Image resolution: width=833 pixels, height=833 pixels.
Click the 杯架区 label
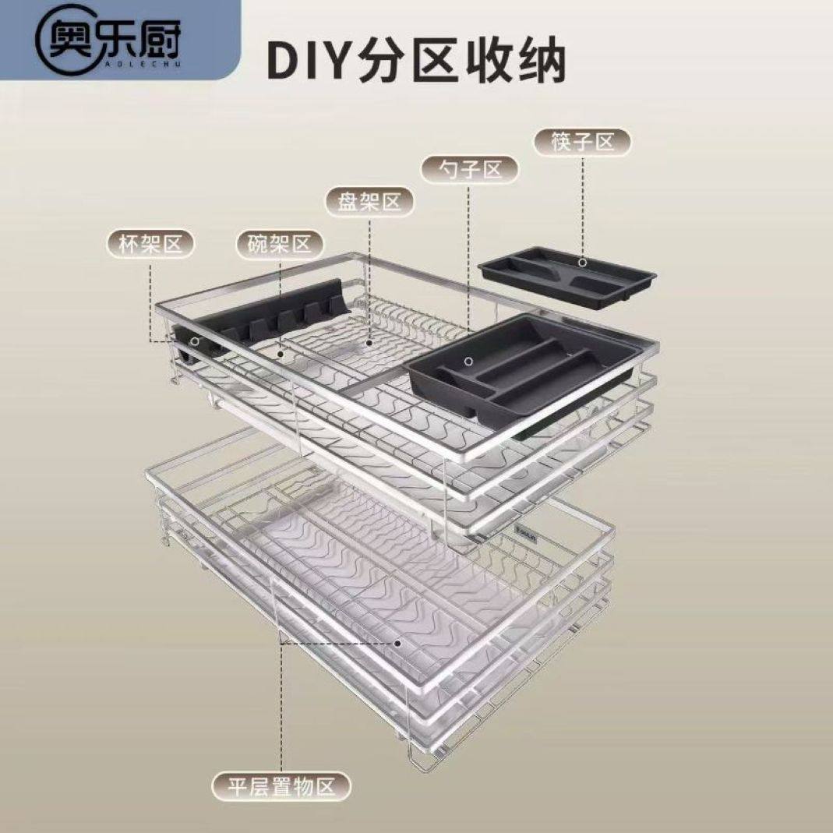click(x=150, y=245)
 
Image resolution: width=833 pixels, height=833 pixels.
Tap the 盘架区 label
click(x=369, y=203)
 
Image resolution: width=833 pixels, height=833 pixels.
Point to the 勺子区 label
click(x=469, y=169)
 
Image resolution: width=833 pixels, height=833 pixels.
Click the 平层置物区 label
click(x=281, y=786)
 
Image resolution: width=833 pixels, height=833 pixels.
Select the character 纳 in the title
click(x=538, y=62)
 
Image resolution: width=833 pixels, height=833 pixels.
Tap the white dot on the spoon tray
click(x=468, y=361)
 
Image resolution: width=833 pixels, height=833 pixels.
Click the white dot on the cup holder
click(x=194, y=341)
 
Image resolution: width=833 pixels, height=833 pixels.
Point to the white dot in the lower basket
click(x=397, y=644)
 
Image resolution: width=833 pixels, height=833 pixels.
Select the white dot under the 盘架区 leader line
click(x=369, y=341)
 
